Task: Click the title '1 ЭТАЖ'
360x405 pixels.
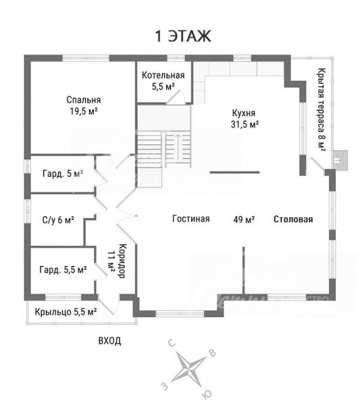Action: [x=183, y=36]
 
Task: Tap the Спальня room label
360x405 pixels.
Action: [x=84, y=99]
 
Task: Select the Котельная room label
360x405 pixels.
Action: [x=163, y=75]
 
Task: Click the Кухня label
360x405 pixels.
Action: [x=243, y=113]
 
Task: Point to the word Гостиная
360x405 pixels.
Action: [x=191, y=219]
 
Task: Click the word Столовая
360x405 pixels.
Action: [x=293, y=219]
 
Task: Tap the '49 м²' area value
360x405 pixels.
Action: [x=244, y=219]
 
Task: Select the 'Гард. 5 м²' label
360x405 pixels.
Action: [x=63, y=173]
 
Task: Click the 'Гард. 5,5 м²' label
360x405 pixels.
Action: [x=63, y=269]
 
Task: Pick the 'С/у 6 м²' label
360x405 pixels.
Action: [x=58, y=220]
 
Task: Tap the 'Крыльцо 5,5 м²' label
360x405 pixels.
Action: [x=66, y=312]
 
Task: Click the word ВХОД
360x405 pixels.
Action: [x=109, y=341]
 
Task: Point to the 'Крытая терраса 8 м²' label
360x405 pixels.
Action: [x=322, y=109]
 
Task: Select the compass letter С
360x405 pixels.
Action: [x=172, y=344]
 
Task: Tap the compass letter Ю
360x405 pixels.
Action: [x=207, y=394]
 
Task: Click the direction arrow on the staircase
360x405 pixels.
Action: [x=178, y=146]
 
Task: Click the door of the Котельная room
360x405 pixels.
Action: [x=175, y=97]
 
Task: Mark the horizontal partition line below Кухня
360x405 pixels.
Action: [x=234, y=172]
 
